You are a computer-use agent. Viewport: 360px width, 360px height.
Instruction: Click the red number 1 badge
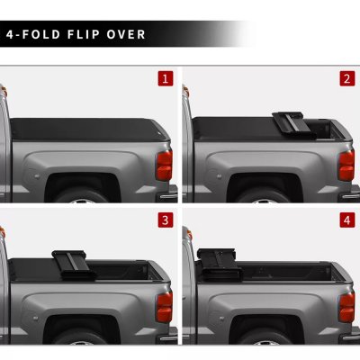click(x=165, y=78)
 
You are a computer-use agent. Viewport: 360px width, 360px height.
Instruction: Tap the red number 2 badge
click(x=346, y=78)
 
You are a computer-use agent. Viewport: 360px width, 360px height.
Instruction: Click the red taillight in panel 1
click(x=164, y=165)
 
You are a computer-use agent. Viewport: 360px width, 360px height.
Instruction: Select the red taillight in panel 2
click(x=346, y=165)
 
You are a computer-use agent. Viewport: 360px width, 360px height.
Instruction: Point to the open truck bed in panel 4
click(x=288, y=267)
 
